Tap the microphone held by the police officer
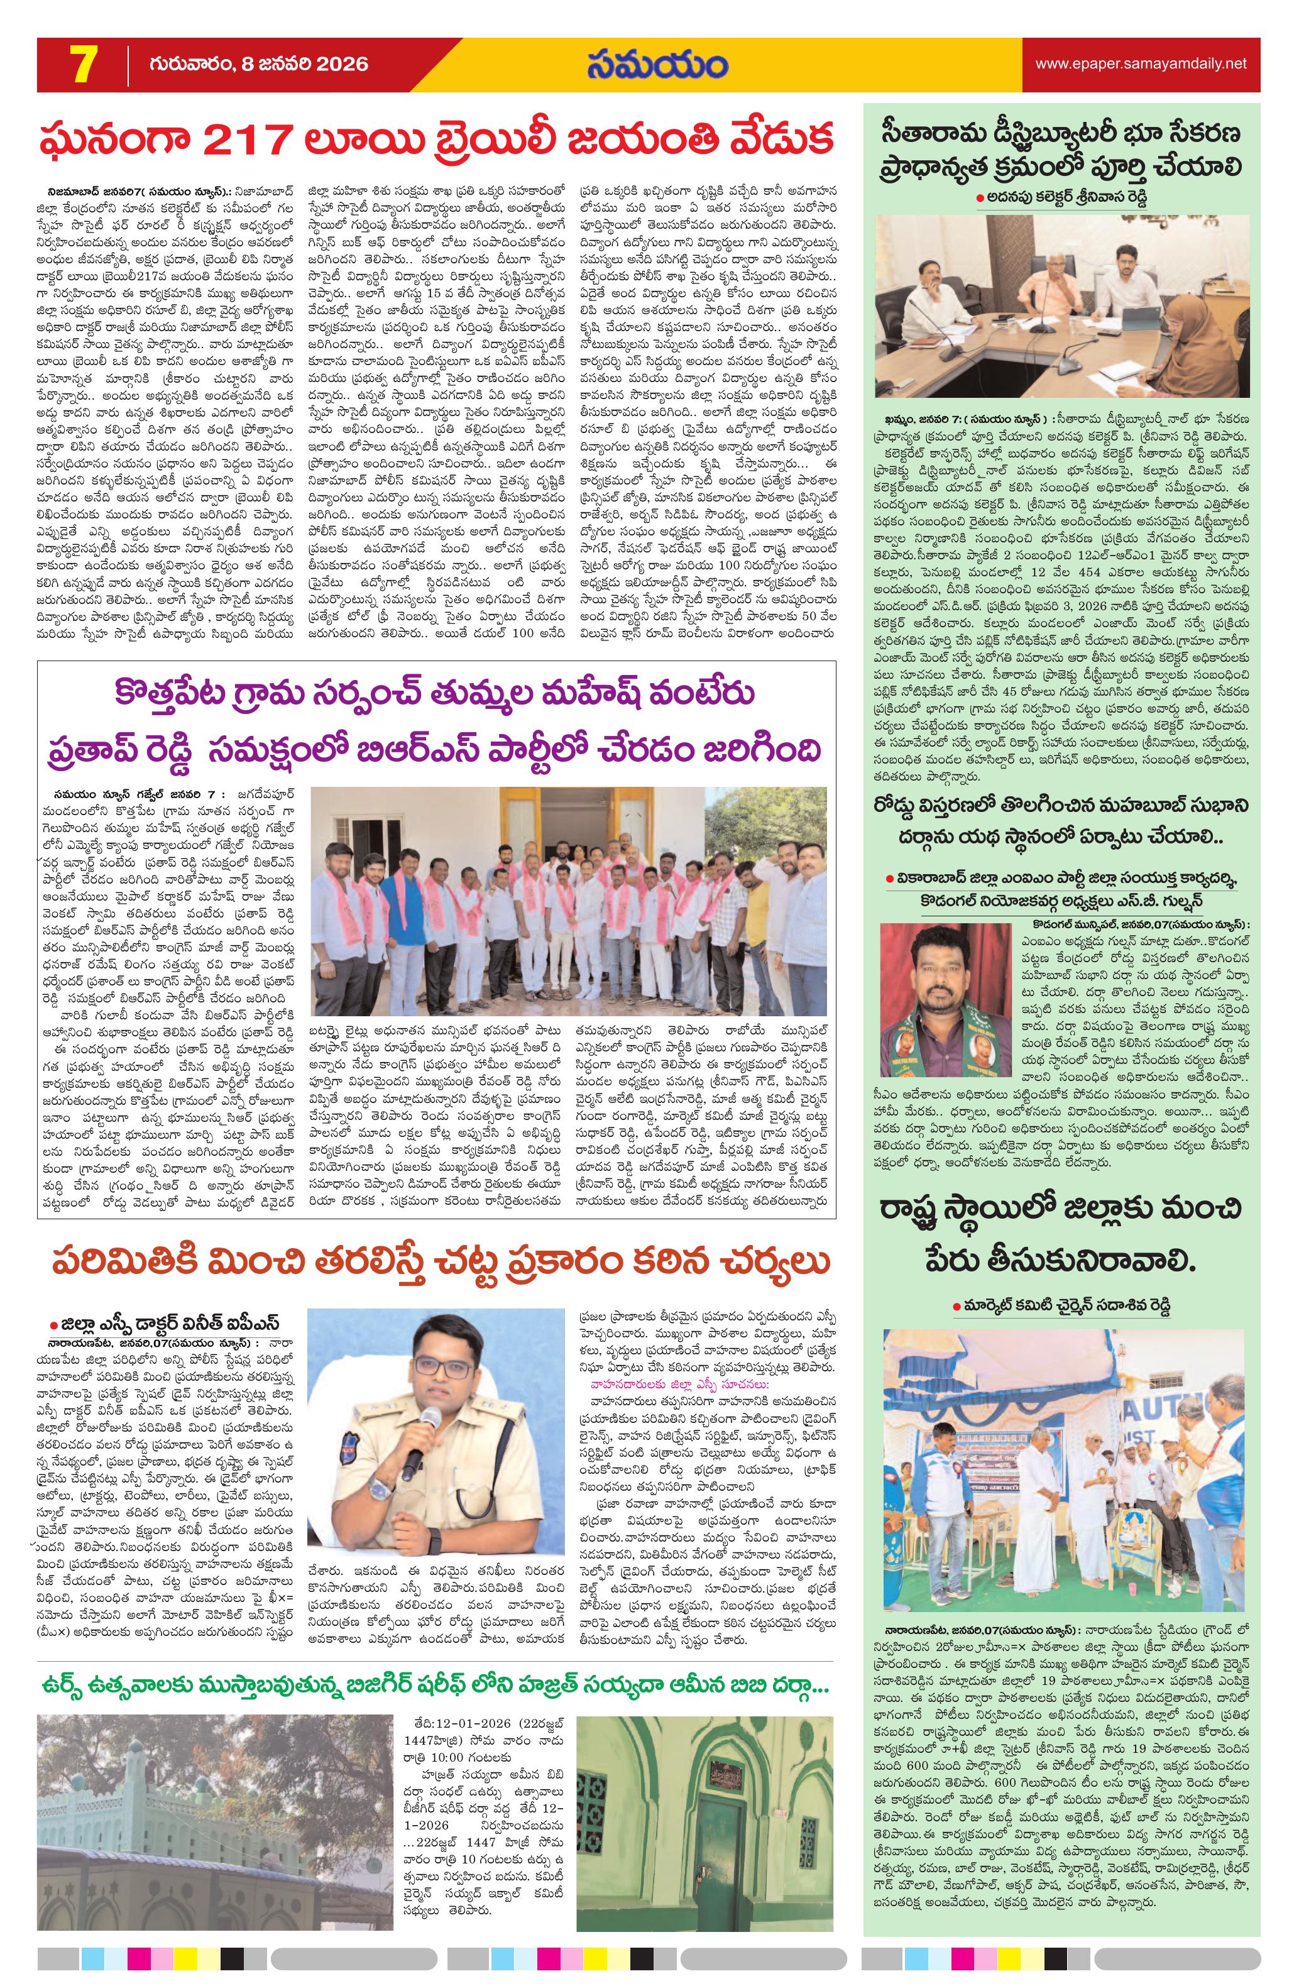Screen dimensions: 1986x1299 tap(411, 1444)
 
